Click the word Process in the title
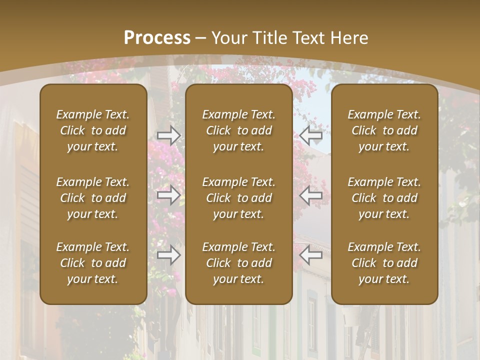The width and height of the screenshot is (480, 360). tap(157, 38)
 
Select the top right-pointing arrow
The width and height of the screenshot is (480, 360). tap(168, 135)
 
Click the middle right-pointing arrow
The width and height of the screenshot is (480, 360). tap(168, 195)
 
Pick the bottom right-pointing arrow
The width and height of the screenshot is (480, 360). tap(168, 255)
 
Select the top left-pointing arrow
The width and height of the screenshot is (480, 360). tap(311, 135)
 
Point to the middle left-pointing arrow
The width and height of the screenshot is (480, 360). tap(311, 195)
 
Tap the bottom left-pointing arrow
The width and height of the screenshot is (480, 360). tap(311, 255)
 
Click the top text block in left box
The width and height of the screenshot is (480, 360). tap(93, 130)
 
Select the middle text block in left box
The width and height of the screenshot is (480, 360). tap(93, 198)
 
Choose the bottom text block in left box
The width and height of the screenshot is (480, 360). tap(93, 263)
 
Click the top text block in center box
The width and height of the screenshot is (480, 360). tap(238, 130)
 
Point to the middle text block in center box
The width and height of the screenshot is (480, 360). tap(238, 198)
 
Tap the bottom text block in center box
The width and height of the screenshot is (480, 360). tap(238, 263)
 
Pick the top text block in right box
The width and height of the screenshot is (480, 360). tap(384, 130)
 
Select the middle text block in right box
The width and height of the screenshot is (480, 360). tap(384, 198)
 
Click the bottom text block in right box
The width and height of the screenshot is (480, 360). tap(384, 263)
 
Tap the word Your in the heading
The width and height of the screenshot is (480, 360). tap(227, 38)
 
